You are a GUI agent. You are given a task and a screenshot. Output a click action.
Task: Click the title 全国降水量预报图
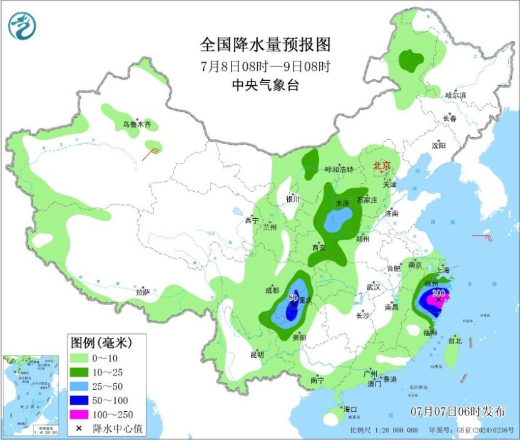click(265, 45)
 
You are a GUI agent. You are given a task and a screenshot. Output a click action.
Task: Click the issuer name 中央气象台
click(265, 85)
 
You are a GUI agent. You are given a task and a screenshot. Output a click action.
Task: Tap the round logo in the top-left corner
click(23, 26)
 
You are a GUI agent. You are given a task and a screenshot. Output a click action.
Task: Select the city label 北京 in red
click(382, 166)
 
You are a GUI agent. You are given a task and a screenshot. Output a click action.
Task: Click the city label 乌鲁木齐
click(136, 125)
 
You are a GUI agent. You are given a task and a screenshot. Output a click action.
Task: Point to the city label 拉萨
click(143, 292)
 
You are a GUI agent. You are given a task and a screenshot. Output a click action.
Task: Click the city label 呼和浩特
click(339, 170)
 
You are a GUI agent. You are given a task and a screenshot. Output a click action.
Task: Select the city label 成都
click(272, 290)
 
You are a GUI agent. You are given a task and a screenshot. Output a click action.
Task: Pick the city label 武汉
click(374, 286)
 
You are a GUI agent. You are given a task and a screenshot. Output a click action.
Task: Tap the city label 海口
click(349, 409)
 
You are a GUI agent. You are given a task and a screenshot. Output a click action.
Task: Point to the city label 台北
click(454, 341)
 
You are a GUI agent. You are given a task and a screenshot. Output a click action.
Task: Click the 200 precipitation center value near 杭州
click(439, 293)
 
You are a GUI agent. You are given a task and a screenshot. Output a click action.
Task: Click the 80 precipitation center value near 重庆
click(292, 297)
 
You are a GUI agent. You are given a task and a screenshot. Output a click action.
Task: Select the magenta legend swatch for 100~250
click(79, 414)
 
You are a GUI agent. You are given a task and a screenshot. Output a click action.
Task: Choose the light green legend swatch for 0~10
click(79, 358)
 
